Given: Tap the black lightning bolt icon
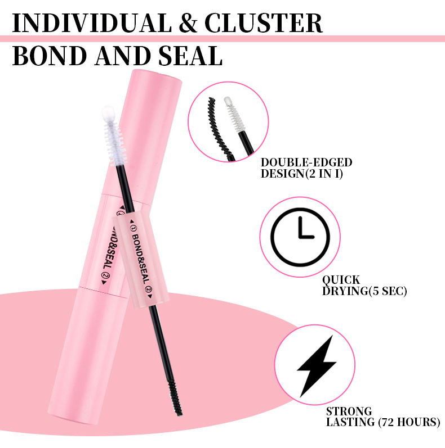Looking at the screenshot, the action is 317,365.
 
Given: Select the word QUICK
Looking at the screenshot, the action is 341,280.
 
